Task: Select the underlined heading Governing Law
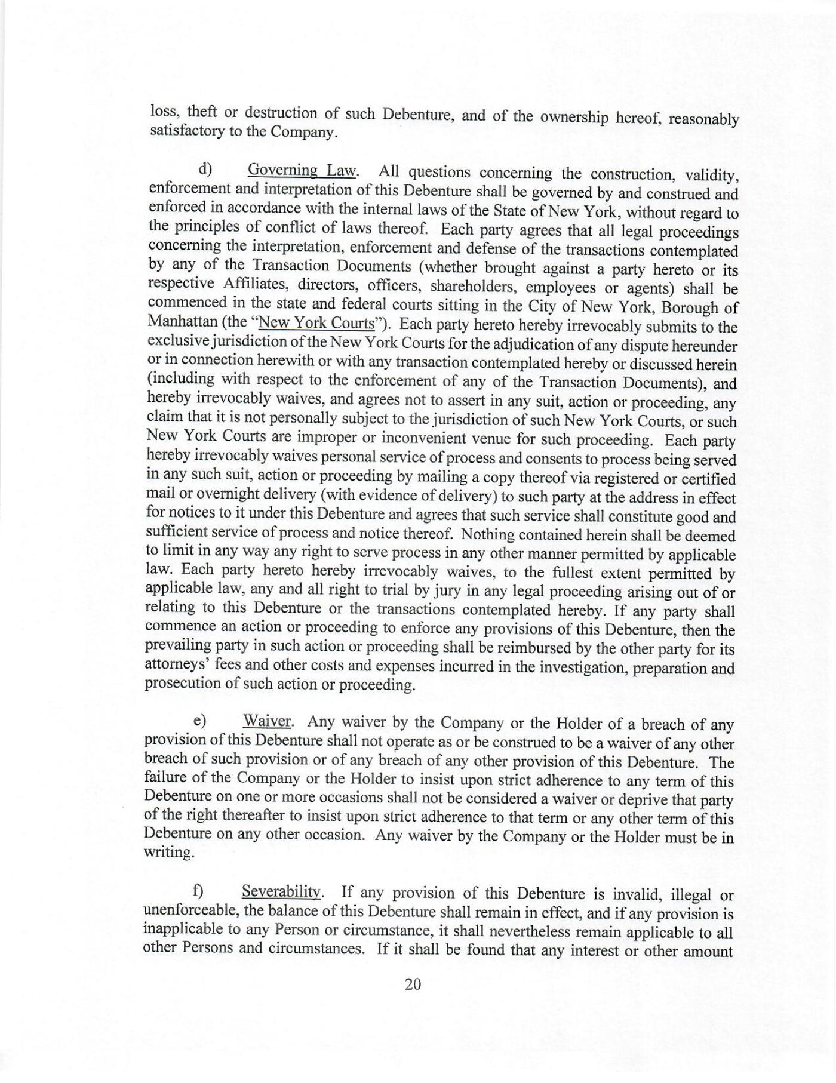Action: coord(302,170)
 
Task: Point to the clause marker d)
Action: coord(206,169)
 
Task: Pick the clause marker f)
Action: coord(198,892)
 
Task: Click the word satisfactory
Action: coord(186,131)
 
